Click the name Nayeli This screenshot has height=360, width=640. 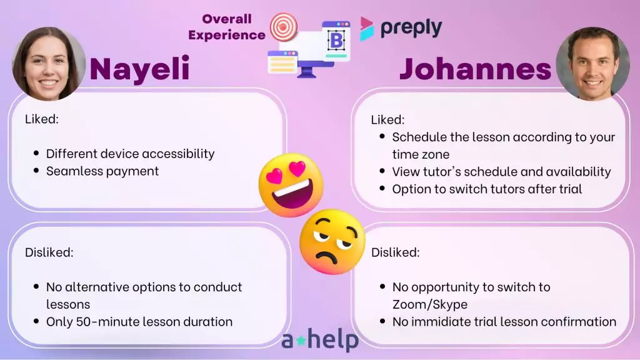point(139,69)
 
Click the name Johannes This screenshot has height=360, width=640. point(475,68)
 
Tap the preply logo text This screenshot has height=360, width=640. point(411,27)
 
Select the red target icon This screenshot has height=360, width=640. point(284,27)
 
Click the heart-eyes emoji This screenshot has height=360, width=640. point(291,185)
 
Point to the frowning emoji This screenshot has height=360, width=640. point(332,242)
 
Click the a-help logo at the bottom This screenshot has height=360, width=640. point(320,340)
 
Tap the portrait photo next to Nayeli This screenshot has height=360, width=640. point(49,64)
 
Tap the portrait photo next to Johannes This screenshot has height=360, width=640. point(592,64)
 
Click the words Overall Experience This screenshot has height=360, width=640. point(227,27)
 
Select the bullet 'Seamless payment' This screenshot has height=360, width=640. point(102,171)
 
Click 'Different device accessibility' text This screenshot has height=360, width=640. point(130,154)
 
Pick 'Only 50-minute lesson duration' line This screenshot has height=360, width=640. point(139,322)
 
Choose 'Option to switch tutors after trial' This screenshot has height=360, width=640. point(487,189)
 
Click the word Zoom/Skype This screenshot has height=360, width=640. point(430,304)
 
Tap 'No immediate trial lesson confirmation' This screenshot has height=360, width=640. point(504,322)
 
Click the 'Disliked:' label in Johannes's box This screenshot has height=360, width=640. point(395,252)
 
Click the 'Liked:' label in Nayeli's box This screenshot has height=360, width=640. point(42,119)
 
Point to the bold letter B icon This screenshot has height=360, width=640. point(336,41)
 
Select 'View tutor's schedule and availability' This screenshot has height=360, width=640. point(502,172)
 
